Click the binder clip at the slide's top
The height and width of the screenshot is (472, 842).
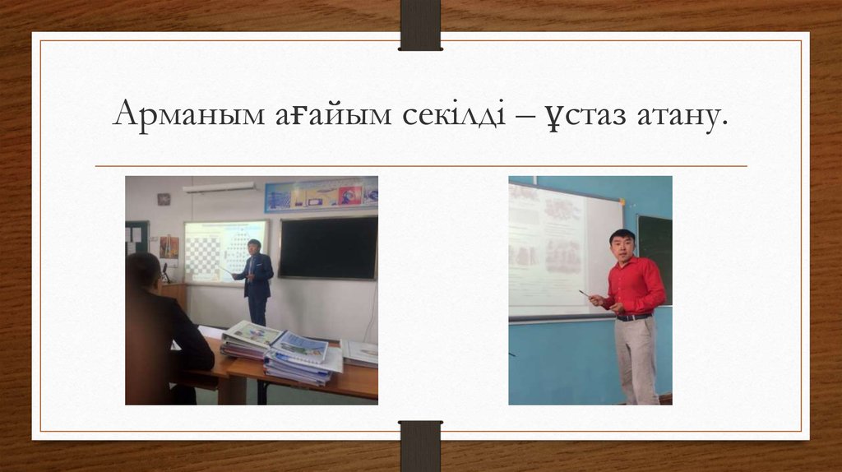(x=420, y=25)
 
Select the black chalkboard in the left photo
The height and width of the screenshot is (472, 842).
(x=327, y=248)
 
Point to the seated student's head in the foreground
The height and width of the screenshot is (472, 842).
(x=144, y=271)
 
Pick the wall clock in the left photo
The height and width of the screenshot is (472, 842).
(x=164, y=199)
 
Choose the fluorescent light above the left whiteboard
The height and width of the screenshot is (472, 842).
(x=219, y=187)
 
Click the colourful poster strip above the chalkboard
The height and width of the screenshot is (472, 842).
(x=321, y=195)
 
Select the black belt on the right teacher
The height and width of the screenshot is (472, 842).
(x=634, y=317)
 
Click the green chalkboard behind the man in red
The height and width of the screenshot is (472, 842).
(x=655, y=247)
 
